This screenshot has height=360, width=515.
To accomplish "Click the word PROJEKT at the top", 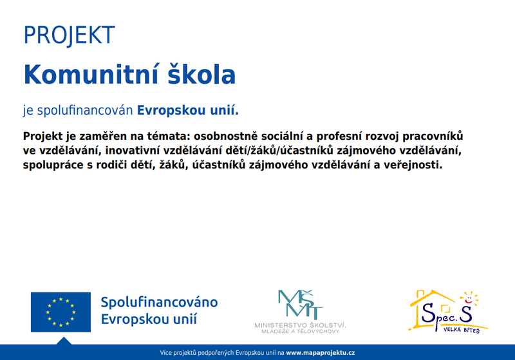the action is coord(70,35).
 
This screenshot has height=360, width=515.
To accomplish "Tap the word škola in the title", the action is coord(201,74).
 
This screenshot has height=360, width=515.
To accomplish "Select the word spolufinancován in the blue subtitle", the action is coord(85,110).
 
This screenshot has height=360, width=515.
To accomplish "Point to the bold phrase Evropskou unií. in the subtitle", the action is coord(188,110).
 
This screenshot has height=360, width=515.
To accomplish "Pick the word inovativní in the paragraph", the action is coord(133,151).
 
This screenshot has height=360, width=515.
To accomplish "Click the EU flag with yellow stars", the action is coord(61,312).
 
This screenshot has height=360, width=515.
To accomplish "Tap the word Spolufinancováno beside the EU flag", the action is coord(159,302).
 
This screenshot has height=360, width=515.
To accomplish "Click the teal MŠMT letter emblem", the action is coord(300,305).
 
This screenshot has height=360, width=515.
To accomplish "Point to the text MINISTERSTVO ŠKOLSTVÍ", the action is coord(300,325).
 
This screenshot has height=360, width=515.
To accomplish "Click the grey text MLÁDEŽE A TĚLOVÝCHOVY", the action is coord(300,331).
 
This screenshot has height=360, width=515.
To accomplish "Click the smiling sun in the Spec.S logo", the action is coord(469,298).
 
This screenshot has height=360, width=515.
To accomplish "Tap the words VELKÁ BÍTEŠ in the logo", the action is coord(462,330).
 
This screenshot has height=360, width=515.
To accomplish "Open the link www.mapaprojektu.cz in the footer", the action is coord(320,353).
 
